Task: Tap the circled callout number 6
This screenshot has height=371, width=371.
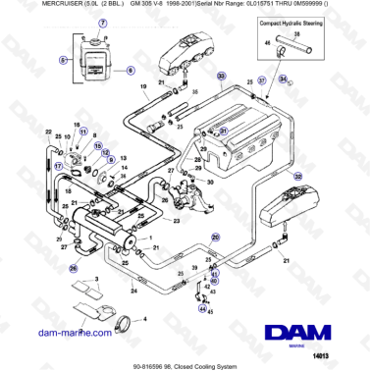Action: point(130,72)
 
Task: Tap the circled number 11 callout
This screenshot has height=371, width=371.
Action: point(82,131)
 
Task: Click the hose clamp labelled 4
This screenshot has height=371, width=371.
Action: point(122,321)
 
